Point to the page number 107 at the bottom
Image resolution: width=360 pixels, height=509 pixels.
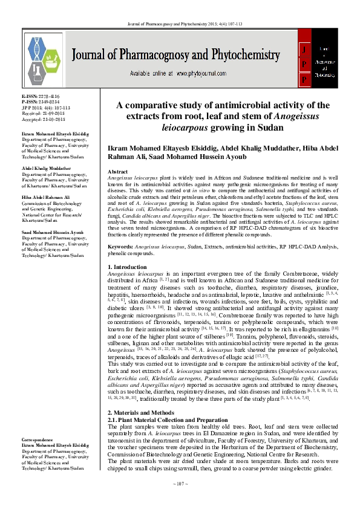(x=180, y=501)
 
